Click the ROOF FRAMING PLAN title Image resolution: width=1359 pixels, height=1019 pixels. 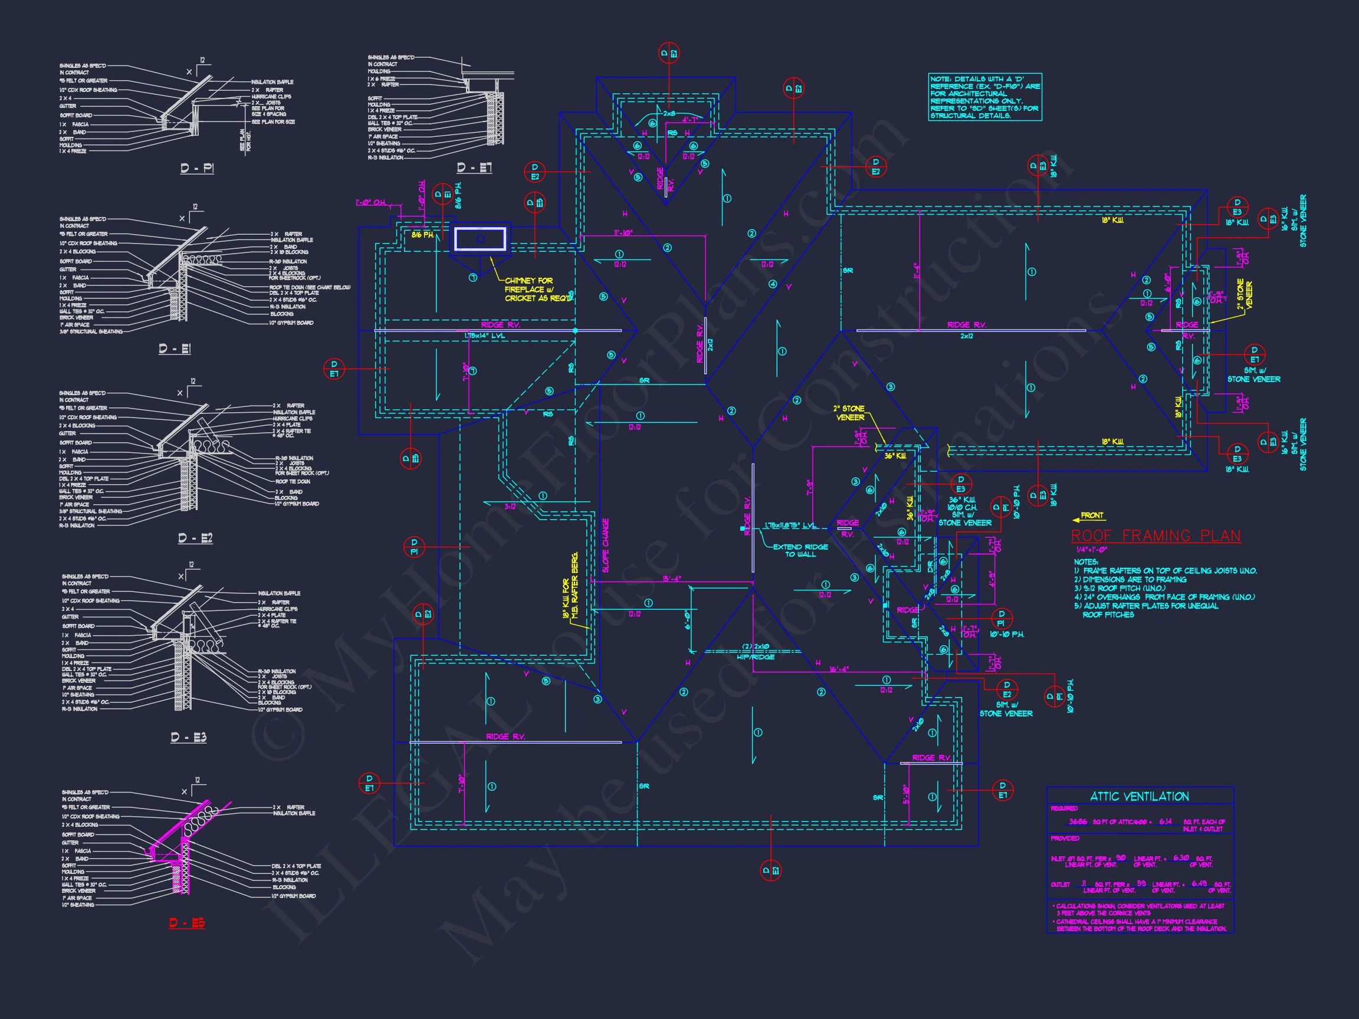click(1155, 535)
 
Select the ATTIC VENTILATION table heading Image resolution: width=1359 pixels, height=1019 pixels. click(1140, 797)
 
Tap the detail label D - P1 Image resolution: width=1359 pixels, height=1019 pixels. click(197, 167)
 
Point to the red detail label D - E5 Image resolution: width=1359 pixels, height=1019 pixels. click(188, 923)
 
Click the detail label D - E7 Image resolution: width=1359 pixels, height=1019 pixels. click(474, 167)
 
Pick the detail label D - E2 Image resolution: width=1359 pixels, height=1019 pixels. click(195, 538)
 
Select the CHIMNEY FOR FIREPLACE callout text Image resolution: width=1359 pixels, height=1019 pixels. click(536, 290)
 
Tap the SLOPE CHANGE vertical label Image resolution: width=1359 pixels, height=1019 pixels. click(606, 545)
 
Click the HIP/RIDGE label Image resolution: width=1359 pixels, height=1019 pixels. click(756, 656)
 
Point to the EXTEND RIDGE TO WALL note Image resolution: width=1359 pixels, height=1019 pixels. click(800, 550)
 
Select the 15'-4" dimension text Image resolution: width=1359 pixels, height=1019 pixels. click(671, 578)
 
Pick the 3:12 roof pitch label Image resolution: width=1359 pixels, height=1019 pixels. click(510, 507)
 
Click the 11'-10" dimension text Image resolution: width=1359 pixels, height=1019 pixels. click(623, 233)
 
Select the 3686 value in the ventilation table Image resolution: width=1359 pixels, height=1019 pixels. click(1078, 821)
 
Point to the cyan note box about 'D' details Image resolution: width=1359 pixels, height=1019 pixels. click(985, 97)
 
